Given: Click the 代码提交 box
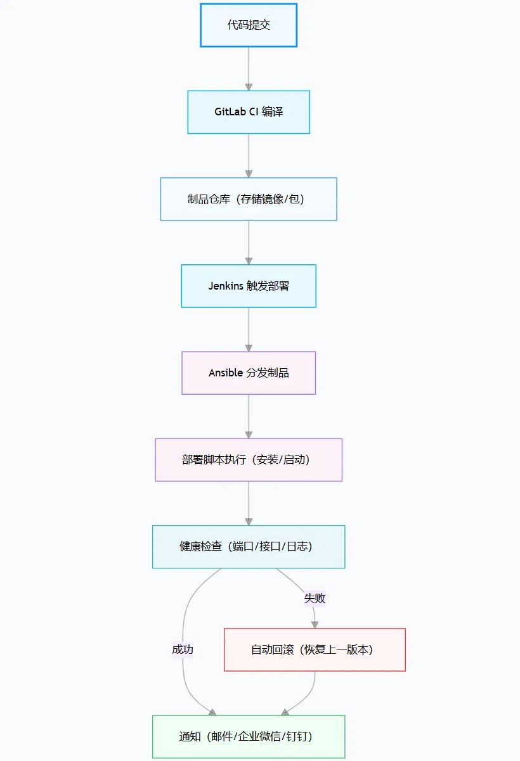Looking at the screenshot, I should point(249,25).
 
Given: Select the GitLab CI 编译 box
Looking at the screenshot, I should point(249,112).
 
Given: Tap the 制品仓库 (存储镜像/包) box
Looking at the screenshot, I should point(249,199).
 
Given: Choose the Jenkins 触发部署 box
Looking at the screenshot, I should point(249,286).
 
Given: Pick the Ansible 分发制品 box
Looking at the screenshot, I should point(249,373).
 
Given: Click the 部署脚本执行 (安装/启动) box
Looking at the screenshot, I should point(249,459).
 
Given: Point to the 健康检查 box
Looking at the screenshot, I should point(249,546).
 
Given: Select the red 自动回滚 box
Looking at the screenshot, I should point(315,649).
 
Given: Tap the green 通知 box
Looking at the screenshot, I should point(249,736).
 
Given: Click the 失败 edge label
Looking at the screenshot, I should point(315,598).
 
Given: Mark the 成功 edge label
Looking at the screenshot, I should point(183,649).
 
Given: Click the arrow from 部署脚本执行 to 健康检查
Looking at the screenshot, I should point(249,503).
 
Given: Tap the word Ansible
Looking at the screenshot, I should point(226,373).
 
